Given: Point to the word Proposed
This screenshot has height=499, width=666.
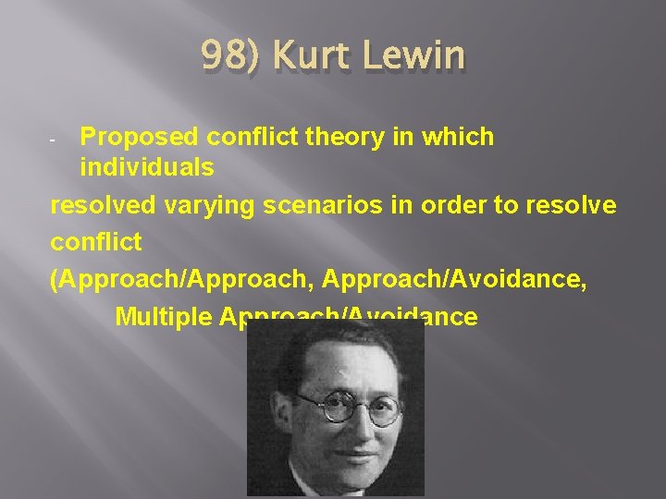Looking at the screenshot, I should pos(139,137).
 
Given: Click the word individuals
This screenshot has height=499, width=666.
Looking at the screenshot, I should pos(146,168).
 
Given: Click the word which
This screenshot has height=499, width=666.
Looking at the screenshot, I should pos(460,137).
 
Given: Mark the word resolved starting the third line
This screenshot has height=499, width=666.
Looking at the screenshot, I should pos(103,205).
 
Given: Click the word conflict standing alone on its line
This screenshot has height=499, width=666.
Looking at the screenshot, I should pos(95,242).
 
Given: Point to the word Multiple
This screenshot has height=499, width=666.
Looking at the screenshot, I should pos(164,316).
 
